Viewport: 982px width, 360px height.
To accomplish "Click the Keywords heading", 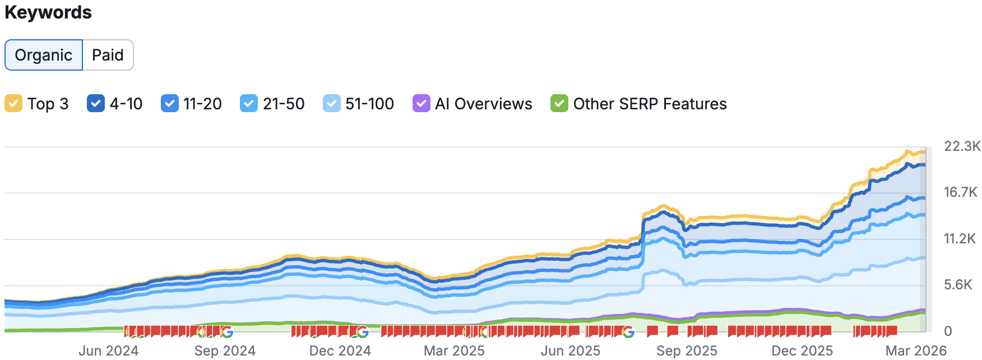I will (48, 12).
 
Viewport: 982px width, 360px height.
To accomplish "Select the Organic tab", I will (44, 55).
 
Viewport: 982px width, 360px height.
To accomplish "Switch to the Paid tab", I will (108, 55).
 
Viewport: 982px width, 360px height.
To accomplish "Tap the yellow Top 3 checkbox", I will (13, 104).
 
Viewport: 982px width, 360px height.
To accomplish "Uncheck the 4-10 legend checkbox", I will (96, 104).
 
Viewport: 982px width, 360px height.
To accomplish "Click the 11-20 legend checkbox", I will (169, 104).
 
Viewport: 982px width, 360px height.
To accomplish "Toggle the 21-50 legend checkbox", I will (249, 104).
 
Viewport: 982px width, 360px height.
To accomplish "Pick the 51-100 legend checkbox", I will (331, 104).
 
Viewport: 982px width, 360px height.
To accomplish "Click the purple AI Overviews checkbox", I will (421, 104).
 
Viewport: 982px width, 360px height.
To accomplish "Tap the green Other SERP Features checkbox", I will (559, 104).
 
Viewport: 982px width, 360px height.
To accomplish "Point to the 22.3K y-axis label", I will (962, 146).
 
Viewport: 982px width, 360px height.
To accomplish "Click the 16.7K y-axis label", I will (961, 192).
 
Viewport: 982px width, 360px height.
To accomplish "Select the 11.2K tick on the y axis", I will (960, 239).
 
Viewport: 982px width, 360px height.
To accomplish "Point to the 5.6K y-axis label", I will (958, 285).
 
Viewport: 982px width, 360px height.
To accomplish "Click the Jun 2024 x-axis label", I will (108, 350).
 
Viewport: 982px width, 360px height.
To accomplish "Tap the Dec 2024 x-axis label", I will (340, 350).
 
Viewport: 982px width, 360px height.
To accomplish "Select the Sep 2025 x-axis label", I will (687, 350).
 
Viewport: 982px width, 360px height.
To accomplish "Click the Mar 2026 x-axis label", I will (916, 350).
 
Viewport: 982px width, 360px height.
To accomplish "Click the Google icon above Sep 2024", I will (226, 332).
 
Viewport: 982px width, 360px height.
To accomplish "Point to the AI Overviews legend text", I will (484, 104).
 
